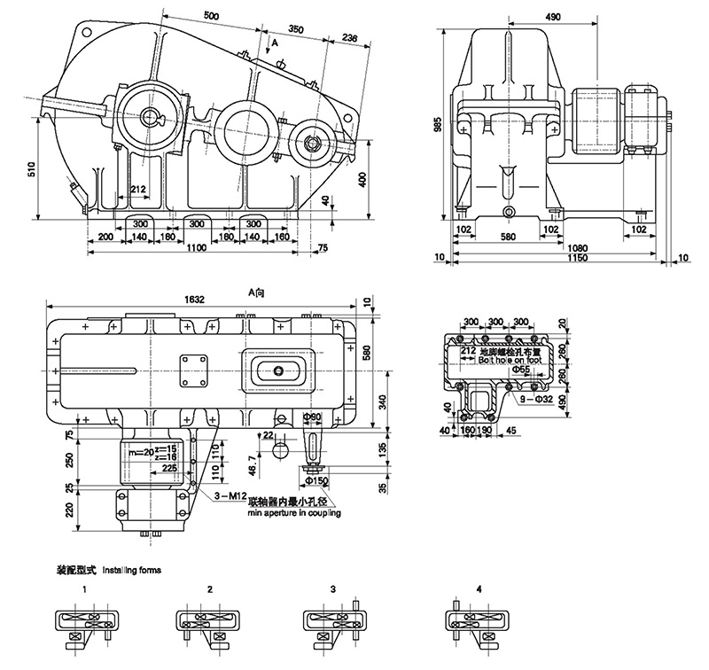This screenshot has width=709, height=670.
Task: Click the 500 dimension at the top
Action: click(211, 15)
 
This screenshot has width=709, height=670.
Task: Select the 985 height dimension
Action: click(438, 126)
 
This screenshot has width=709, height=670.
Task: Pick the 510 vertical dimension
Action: click(33, 170)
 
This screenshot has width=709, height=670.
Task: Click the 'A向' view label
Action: click(255, 300)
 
